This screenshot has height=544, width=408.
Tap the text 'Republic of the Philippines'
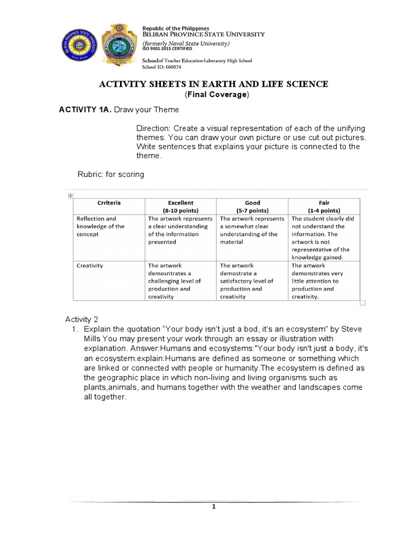pos(175,28)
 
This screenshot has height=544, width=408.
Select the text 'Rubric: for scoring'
pos(110,174)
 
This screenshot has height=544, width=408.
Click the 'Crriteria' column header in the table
pos(109,202)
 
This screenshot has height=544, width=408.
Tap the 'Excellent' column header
pos(181,202)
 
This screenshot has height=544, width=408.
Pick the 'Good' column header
pos(252,202)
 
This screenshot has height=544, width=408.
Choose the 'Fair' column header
pos(324,202)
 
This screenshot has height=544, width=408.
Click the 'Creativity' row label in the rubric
pos(90,265)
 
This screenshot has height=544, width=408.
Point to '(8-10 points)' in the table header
pos(181,210)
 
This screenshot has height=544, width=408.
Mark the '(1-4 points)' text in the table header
pos(324,210)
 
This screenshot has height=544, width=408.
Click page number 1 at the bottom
pos(214,507)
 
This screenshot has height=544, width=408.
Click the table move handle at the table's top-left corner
pos(70,195)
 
